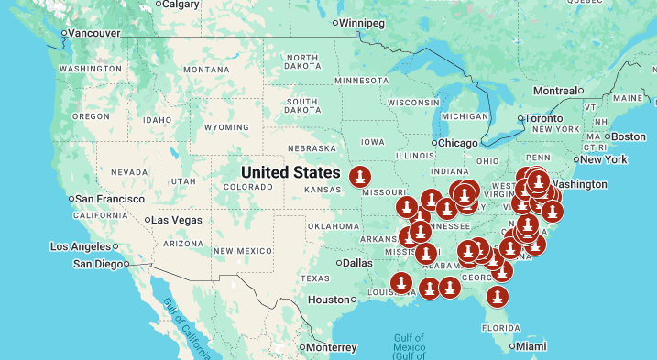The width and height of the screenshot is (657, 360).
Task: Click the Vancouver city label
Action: [94, 33]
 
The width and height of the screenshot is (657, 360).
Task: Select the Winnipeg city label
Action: [365, 22]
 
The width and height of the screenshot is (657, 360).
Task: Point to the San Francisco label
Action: [109, 199]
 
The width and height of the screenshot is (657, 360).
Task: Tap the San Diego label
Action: [101, 264]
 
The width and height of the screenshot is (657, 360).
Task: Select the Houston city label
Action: [329, 300]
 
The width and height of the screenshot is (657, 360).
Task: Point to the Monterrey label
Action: [331, 347]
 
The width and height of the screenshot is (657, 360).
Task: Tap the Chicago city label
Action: [457, 143]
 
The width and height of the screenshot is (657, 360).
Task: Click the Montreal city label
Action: [553, 91]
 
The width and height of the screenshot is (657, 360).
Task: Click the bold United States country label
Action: [289, 172]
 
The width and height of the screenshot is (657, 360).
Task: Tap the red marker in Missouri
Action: [362, 174]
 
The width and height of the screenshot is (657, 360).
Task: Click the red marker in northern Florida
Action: [498, 296]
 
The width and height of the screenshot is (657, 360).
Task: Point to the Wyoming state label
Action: [225, 127]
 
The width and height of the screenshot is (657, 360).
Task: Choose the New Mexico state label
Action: [242, 250]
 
